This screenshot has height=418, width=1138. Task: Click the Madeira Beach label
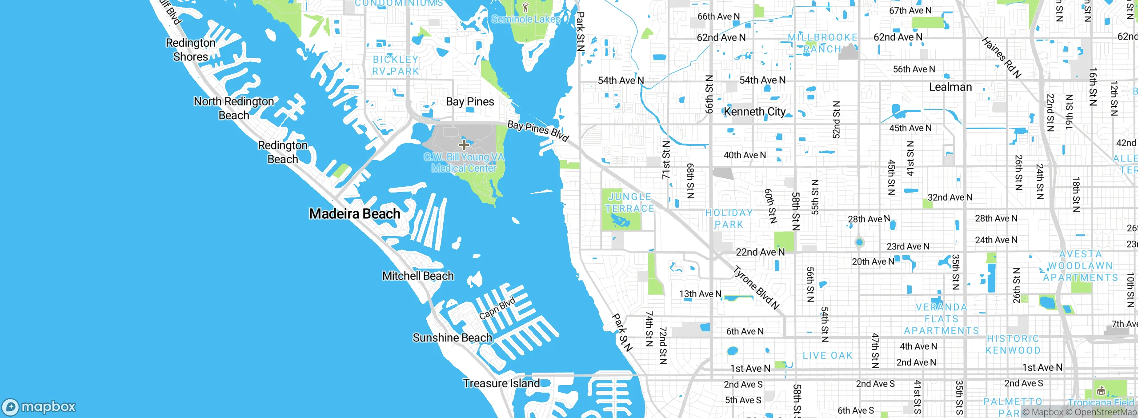tap(354, 214)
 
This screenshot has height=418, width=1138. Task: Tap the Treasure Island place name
tap(501, 383)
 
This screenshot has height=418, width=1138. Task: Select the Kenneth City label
tap(754, 112)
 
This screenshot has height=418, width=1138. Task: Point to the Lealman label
tap(950, 87)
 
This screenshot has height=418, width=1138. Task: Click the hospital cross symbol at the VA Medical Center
tap(464, 145)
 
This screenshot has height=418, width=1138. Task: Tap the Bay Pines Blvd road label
tap(538, 130)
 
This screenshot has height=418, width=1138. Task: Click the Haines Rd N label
tap(1001, 58)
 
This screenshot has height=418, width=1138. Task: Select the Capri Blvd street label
tap(497, 308)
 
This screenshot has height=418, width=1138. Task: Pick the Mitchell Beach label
tap(418, 276)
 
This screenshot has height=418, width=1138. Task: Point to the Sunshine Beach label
tap(452, 338)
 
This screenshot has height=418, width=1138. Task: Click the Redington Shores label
tap(190, 50)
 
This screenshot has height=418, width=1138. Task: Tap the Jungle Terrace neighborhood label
tap(629, 203)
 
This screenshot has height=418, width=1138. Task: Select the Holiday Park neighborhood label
tap(729, 219)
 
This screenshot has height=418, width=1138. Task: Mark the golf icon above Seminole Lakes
tap(525, 7)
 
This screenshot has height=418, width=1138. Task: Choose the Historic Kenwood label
tap(1013, 345)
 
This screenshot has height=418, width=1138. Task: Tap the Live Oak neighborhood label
tap(828, 356)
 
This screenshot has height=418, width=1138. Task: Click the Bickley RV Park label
tap(396, 65)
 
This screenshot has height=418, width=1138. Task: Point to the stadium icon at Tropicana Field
tap(1101, 391)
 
